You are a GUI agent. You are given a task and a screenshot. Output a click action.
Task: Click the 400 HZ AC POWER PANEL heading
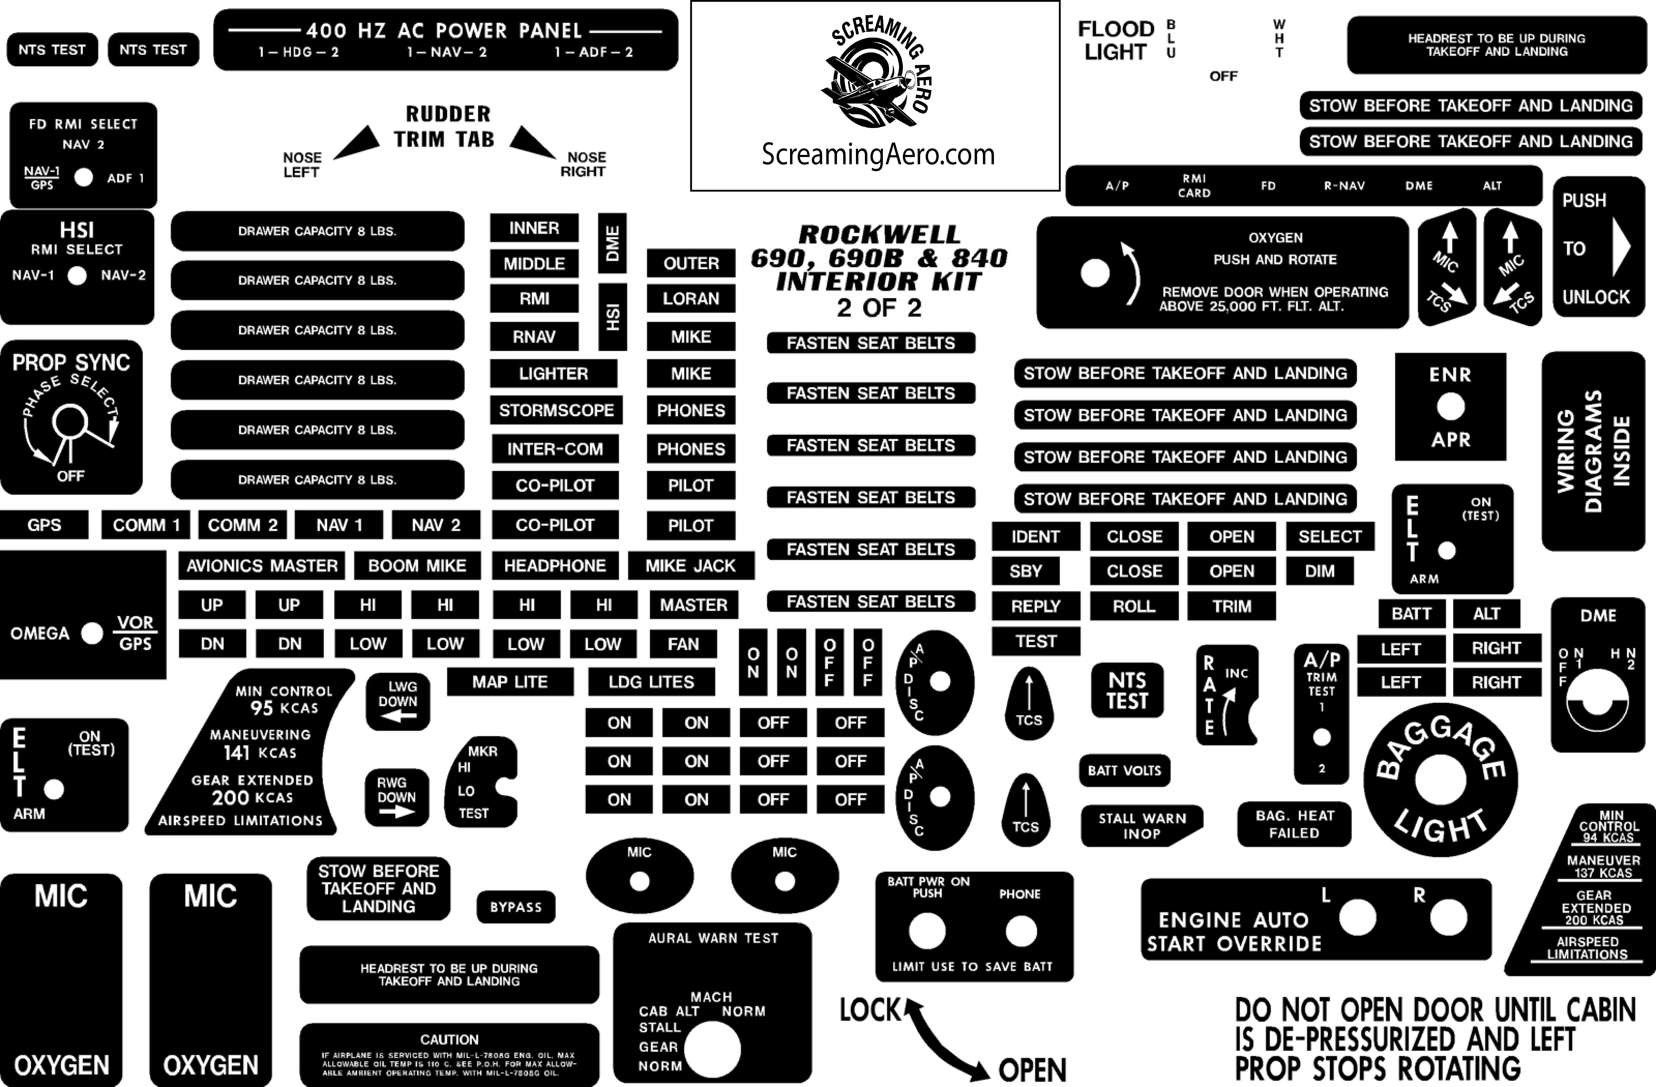(444, 31)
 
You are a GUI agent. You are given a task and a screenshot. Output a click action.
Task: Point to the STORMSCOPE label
(556, 411)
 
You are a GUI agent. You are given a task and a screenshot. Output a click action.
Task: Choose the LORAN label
(690, 298)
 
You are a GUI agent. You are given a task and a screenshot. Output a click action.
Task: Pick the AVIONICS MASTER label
(262, 566)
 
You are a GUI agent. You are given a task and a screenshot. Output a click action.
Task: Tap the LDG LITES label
(651, 682)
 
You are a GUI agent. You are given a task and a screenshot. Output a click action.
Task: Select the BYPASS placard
(515, 907)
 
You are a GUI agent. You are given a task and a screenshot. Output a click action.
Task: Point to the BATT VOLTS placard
(1124, 770)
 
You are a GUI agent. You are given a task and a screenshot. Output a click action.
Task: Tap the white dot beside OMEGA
(92, 633)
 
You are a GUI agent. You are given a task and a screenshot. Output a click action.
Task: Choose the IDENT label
(1035, 537)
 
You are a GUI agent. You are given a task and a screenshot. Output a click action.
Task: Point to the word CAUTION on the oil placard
(449, 1040)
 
